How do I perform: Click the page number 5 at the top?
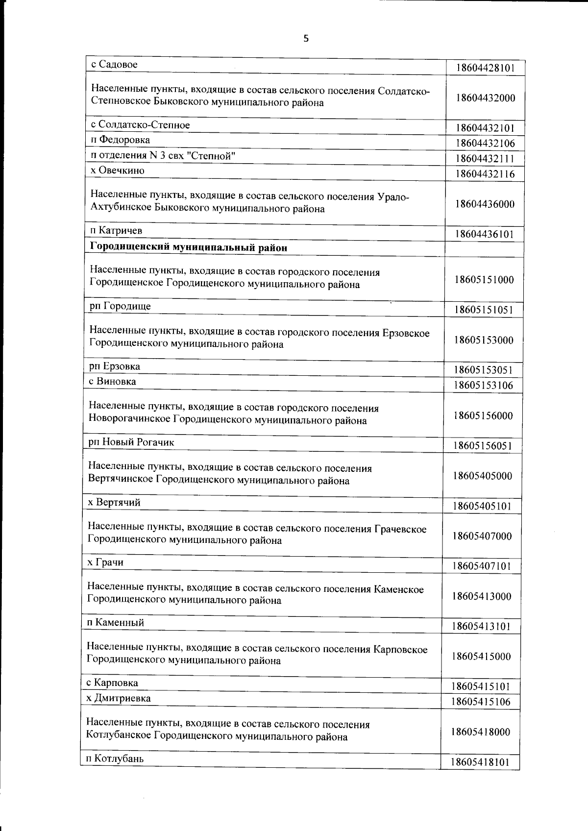pos(306,39)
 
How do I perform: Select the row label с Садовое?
pos(115,64)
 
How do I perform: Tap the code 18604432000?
pos(485,98)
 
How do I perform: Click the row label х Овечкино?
pos(118,171)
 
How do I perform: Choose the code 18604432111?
pos(485,159)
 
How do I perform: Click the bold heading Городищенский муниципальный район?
pos(189,247)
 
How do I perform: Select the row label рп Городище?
pos(120,306)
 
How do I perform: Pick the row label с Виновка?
pos(113,381)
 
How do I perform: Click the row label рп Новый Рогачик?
pos(131,442)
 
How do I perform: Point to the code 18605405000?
pos(483,476)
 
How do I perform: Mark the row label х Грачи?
pos(105,562)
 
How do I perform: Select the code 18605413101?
pos(482,626)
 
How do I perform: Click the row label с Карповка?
pos(112,683)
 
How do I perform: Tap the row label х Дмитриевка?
pos(119,698)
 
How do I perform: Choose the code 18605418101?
pos(480,762)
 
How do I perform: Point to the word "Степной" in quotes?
pos(215,156)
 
